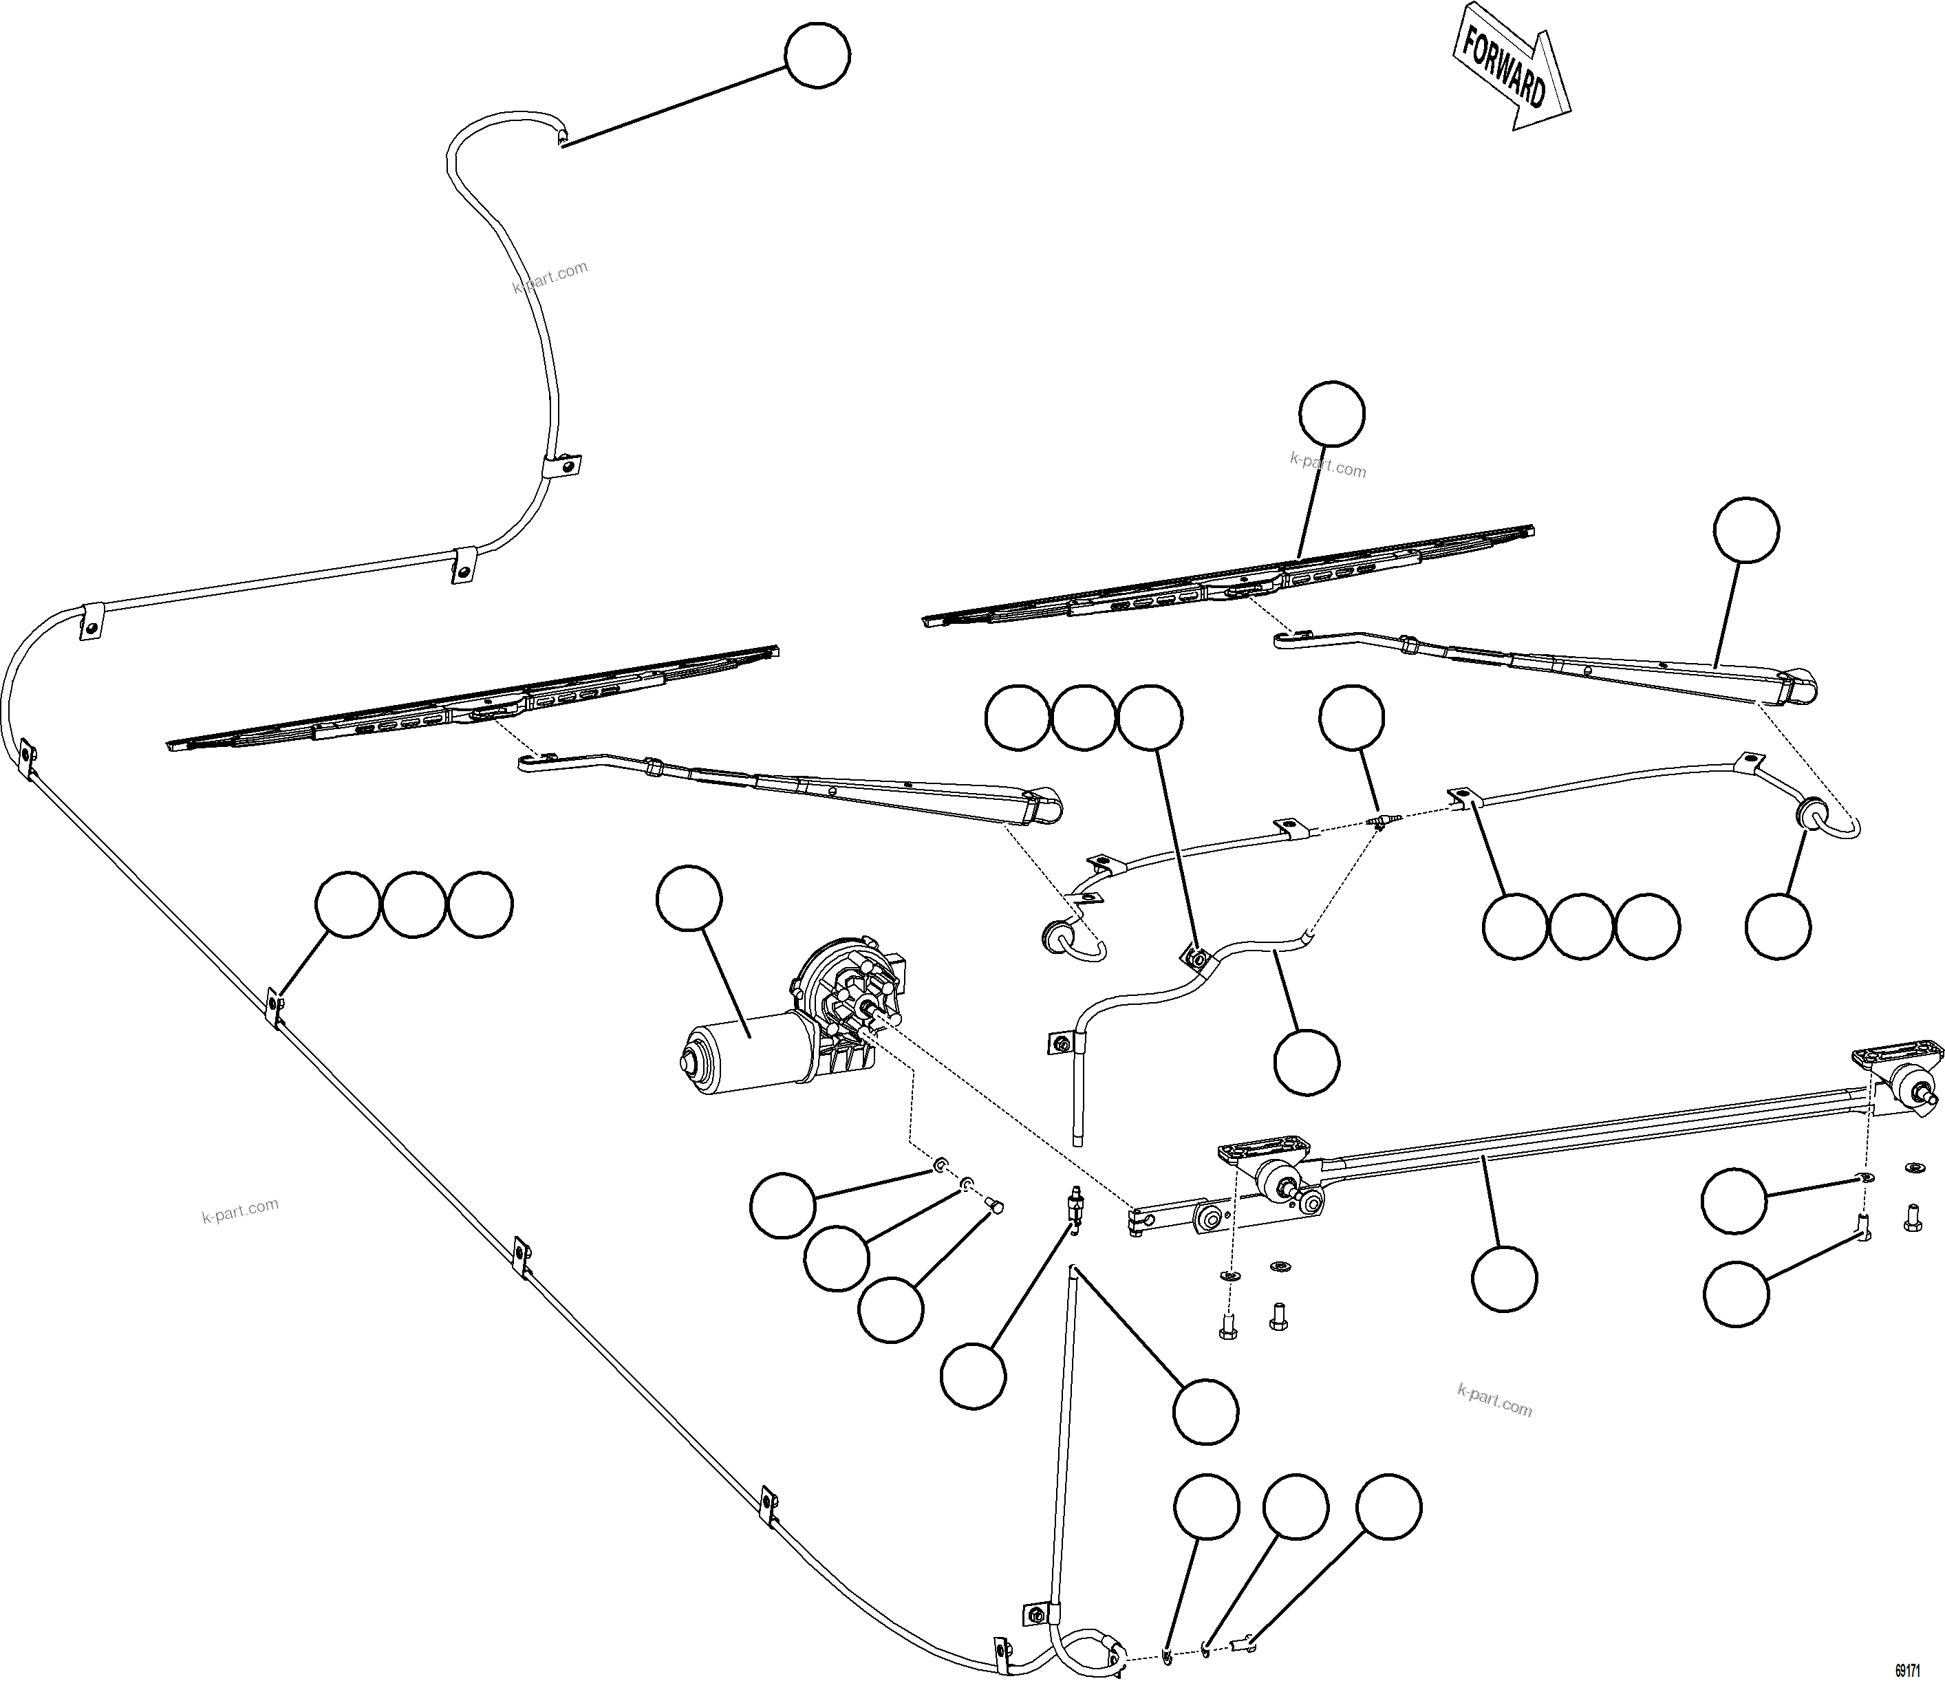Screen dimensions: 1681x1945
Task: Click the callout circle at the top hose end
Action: tap(817, 56)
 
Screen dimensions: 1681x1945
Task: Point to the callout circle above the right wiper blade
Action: tap(1332, 413)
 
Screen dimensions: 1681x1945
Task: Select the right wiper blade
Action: tap(1229, 576)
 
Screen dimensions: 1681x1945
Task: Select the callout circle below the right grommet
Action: tap(1778, 926)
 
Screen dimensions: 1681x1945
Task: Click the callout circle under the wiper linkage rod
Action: tap(1505, 1277)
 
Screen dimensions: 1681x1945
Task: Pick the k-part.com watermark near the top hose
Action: tap(550, 277)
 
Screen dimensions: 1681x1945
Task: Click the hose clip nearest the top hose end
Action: tap(562, 464)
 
